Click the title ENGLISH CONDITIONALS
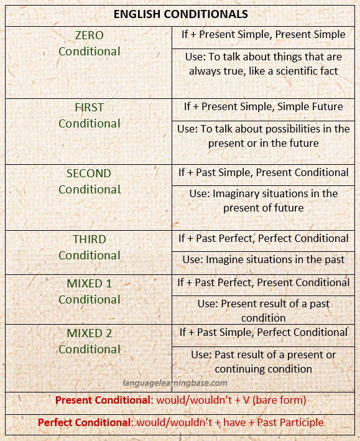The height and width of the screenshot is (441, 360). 180,14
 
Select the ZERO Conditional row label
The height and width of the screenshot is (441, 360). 89,43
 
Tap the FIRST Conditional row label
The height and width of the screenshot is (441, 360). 89,115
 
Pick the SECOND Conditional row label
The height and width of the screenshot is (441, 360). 89,181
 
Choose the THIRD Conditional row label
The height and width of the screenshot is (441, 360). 89,247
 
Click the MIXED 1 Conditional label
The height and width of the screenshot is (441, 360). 89,291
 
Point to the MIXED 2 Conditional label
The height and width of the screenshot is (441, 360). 89,341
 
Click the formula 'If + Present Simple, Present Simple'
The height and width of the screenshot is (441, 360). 264,35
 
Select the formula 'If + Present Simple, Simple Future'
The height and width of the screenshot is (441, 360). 264,106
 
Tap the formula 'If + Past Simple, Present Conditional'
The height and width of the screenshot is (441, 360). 264,172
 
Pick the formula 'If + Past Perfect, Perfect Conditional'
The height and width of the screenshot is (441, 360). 264,238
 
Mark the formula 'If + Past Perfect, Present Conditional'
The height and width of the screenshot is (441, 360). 264,282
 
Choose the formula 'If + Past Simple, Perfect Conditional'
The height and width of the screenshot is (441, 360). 264,332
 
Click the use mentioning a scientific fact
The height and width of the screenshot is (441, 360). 264,64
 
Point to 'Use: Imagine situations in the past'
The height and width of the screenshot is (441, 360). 264,259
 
